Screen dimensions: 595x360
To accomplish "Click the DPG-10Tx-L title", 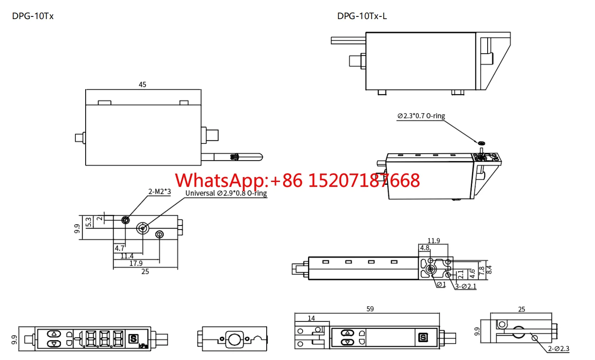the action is point(362,16).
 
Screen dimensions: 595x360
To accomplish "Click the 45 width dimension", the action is point(142,84).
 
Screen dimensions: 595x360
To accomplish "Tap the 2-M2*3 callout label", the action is point(159,191).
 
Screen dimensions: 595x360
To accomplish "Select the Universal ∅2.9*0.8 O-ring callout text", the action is point(226,193).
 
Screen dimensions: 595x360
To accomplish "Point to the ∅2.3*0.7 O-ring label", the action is point(421,116).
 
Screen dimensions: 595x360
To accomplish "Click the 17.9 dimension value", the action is point(136,263).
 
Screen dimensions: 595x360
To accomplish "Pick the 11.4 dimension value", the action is point(127,256).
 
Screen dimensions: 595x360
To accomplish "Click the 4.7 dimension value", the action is point(119,248).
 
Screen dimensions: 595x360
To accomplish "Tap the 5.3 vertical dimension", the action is point(88,222).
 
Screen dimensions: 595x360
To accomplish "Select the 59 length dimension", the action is point(370,309).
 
